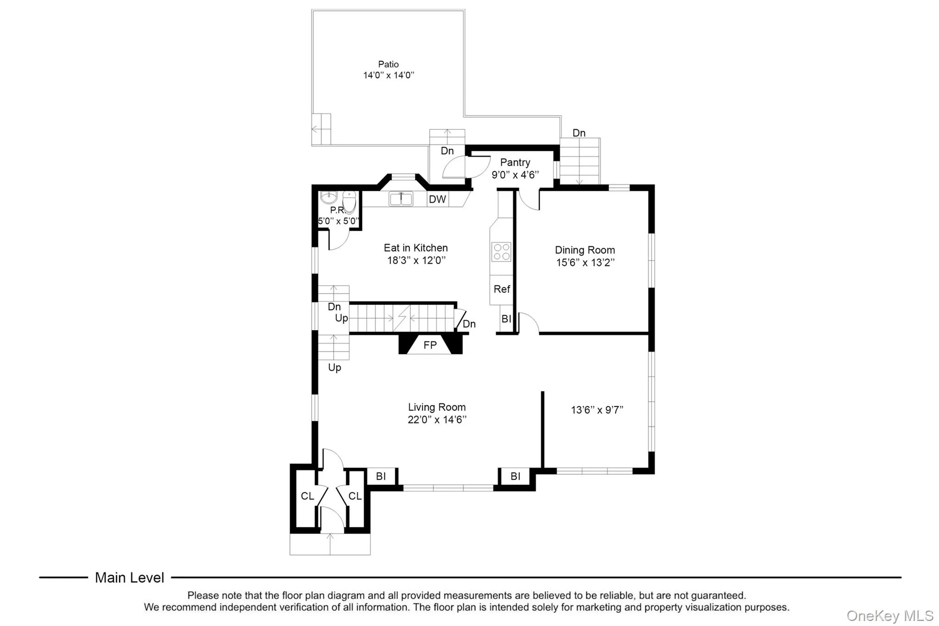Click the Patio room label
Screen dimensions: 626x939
click(x=388, y=64)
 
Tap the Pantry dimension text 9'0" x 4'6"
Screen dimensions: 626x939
click(x=515, y=175)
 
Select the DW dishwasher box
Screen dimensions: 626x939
click(x=437, y=199)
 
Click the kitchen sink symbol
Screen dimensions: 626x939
click(x=401, y=199)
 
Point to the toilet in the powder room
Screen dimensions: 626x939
click(x=349, y=202)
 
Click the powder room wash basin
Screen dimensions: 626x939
click(x=328, y=198)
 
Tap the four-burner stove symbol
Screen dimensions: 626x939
click(x=501, y=251)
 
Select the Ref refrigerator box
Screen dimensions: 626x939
click(x=502, y=289)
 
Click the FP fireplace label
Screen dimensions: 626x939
click(x=430, y=345)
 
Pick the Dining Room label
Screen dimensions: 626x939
click(x=585, y=250)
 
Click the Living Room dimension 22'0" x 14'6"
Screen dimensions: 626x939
click(x=437, y=420)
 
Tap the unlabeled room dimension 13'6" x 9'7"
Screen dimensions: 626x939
click(x=597, y=410)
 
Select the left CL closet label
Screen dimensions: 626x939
click(x=307, y=496)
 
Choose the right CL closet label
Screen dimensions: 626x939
click(x=355, y=496)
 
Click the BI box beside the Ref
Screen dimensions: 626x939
click(x=506, y=319)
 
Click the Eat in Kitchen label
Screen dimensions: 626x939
click(x=415, y=248)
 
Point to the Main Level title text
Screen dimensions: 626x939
click(x=129, y=577)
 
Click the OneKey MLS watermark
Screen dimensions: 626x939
click(x=889, y=615)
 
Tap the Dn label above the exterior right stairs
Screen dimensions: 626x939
click(x=579, y=133)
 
